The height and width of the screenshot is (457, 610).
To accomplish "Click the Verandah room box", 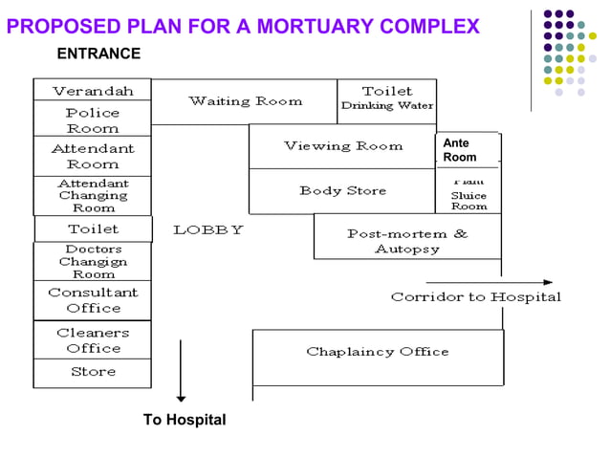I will click(x=92, y=91).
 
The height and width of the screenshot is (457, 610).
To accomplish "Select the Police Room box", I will click(x=92, y=120).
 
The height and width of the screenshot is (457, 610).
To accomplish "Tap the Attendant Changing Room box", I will click(x=92, y=196).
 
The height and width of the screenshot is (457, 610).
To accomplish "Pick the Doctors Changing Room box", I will click(x=92, y=261).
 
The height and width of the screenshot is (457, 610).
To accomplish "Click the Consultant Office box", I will click(x=92, y=300).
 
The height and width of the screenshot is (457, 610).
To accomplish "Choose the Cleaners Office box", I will click(x=92, y=340).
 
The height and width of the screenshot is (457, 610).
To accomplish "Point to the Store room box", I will click(x=92, y=372).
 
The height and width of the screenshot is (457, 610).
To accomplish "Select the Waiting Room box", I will click(x=245, y=101).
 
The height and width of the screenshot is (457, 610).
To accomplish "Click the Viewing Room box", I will click(x=342, y=146).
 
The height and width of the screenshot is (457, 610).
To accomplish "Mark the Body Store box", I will click(x=342, y=191).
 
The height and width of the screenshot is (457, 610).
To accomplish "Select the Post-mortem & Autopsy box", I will click(x=407, y=241).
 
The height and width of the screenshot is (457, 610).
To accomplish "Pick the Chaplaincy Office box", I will click(x=378, y=352).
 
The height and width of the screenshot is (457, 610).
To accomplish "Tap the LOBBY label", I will click(x=208, y=229).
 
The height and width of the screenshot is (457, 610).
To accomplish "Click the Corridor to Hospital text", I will click(x=475, y=296).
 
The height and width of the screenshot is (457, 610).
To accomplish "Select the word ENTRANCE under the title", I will click(x=98, y=54).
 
